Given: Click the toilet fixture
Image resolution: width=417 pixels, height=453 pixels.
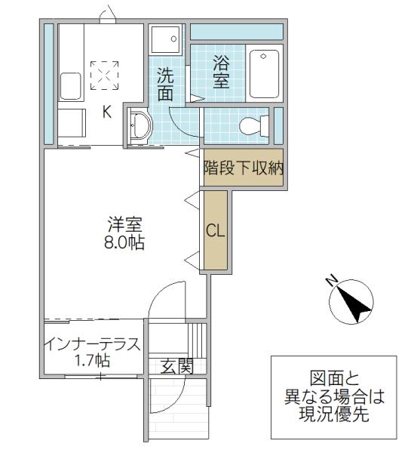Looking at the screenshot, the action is coord(254,126).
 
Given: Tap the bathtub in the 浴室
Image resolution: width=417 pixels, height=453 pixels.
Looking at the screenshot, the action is coord(265,74).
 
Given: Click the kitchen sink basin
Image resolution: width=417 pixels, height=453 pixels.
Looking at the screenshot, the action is coord(70,86).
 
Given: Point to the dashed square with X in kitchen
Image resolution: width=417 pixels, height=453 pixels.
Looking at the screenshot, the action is coord(104,75).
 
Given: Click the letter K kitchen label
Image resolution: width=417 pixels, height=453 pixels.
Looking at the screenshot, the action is coord(107,112).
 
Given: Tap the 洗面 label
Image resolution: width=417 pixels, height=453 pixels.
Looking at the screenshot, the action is coord(165,85).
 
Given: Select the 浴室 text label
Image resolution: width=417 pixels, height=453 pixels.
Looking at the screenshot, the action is coord(222,72).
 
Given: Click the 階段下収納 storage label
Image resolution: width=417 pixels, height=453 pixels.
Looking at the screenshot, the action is coord(244,168).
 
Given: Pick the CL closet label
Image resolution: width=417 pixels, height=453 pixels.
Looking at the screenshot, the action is coord(215,231).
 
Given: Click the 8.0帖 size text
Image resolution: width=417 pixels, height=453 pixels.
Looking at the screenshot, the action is coord(124,243).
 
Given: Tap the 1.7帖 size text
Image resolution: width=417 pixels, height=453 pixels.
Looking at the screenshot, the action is coord(92,361).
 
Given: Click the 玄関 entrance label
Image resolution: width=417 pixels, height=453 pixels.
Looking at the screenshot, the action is coord(176,367).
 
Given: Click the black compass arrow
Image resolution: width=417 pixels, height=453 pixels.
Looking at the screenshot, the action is coord(354,304).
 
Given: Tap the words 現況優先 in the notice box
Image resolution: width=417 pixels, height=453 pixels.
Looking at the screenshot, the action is coord(333,414).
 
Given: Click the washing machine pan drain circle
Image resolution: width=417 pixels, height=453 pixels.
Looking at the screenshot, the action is coord(173,39).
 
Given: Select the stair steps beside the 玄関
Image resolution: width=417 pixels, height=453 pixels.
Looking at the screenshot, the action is coord(198,341).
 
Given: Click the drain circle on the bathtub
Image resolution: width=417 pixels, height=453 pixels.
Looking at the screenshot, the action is coord(263,56).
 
